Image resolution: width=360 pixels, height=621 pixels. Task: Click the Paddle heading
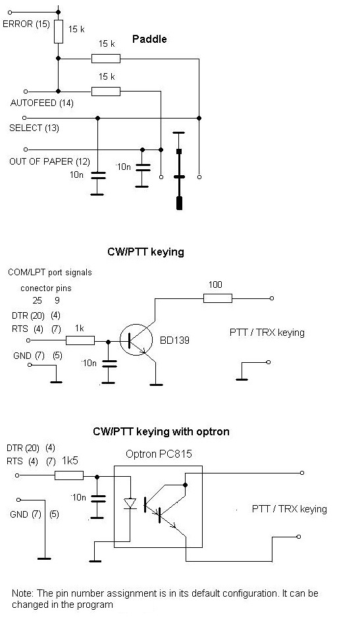click(149, 40)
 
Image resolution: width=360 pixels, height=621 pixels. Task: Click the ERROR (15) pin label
click(26, 24)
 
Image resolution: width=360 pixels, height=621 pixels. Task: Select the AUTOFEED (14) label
click(42, 103)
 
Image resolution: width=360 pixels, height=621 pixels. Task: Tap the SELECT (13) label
click(34, 128)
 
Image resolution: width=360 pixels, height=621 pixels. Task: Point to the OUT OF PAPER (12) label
click(49, 161)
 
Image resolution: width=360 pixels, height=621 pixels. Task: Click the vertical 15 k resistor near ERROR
click(58, 32)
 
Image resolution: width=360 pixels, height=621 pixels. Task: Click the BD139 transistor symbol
click(136, 340)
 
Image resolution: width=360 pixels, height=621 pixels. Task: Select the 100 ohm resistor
click(218, 298)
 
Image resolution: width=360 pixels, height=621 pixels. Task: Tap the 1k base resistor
click(80, 340)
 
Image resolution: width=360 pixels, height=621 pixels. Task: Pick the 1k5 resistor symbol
click(69, 475)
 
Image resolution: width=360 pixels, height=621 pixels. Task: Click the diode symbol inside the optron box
click(130, 503)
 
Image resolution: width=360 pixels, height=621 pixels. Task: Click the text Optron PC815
click(159, 454)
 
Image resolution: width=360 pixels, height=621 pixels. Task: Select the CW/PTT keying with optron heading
click(161, 431)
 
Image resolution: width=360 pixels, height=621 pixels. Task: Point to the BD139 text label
click(174, 340)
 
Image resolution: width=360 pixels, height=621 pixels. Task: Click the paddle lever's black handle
click(179, 203)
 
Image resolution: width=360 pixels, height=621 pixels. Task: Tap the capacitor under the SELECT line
click(97, 175)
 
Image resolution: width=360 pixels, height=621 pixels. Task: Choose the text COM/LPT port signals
click(50, 273)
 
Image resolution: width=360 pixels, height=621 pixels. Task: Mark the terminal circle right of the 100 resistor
click(271, 298)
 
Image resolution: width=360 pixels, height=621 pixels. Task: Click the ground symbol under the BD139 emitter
click(156, 384)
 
